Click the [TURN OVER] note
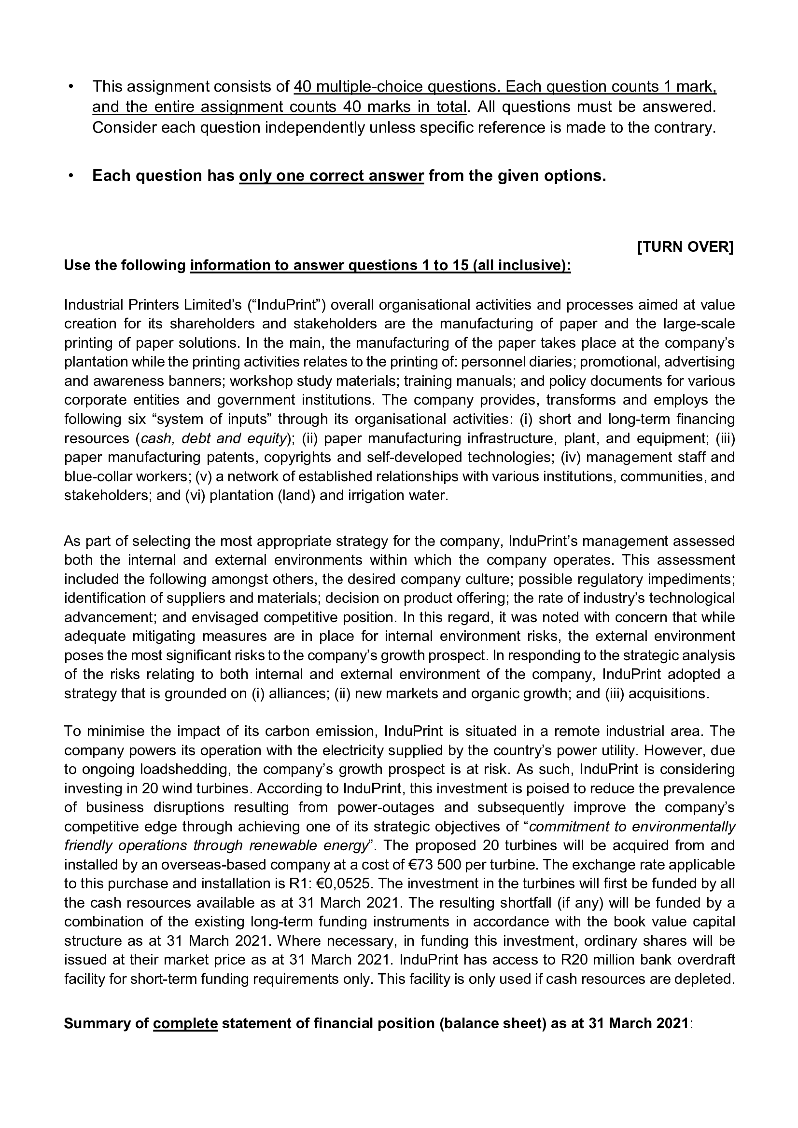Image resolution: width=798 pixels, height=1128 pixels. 685,246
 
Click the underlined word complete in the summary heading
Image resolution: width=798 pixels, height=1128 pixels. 185,1023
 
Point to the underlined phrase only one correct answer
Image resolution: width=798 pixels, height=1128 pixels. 331,176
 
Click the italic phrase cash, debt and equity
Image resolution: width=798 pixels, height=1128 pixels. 213,438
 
